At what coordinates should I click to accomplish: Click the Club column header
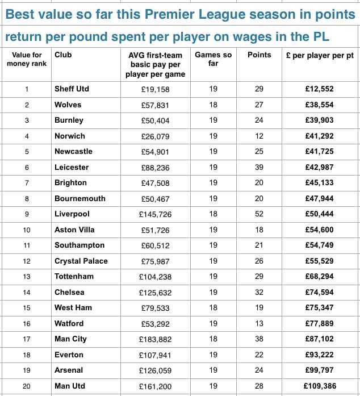tap(63, 55)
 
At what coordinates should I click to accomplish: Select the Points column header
tap(259, 55)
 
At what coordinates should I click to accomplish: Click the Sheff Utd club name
tap(72, 89)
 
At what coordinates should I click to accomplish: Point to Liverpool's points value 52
tap(259, 214)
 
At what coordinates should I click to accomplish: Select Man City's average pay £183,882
tap(154, 339)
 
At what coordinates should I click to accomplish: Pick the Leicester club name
tap(72, 167)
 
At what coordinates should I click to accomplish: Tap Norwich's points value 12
tap(259, 136)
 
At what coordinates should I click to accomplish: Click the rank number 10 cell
tap(26, 230)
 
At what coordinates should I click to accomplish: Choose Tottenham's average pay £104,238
tap(154, 277)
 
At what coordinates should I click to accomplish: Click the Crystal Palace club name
tap(81, 261)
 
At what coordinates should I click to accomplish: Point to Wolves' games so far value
tap(214, 105)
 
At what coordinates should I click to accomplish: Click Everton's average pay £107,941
tap(154, 355)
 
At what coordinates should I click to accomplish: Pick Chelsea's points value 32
tap(259, 293)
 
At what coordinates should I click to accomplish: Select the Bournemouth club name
tap(79, 199)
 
